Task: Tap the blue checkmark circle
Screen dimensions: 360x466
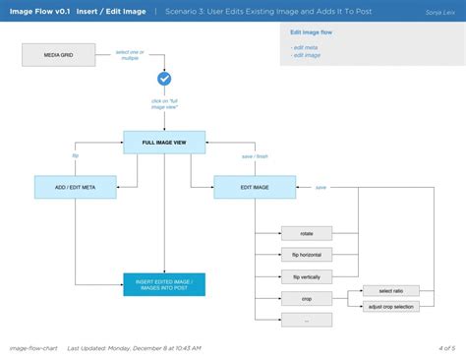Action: [164, 79]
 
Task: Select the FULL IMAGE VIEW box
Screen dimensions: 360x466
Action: [164, 143]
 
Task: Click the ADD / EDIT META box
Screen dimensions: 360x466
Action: [76, 187]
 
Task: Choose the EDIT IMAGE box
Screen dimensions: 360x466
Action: [255, 187]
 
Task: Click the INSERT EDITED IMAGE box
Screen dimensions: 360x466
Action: [164, 285]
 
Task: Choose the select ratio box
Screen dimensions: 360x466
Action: [391, 291]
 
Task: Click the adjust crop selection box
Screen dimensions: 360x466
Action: [391, 307]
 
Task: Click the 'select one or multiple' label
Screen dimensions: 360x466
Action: [130, 54]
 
